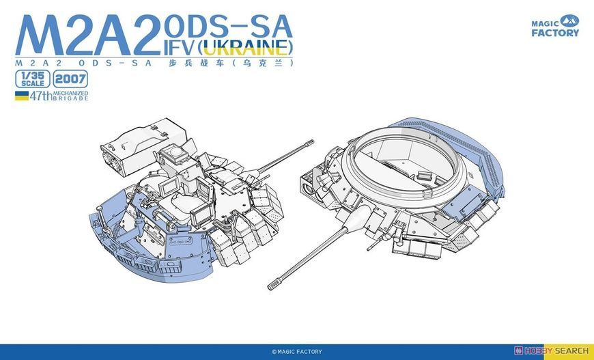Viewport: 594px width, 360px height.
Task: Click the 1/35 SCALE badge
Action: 33,79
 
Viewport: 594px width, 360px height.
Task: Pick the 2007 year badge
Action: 70,79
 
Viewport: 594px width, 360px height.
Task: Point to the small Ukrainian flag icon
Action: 22,96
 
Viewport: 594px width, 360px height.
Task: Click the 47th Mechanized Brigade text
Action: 59,96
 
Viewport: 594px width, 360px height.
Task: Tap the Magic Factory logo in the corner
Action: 555,26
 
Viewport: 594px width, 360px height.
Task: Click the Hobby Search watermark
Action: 551,351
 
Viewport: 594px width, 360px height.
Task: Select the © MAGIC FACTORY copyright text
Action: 296,352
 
